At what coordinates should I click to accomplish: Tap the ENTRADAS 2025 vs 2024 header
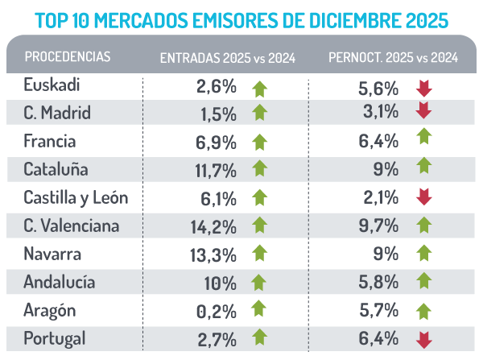[x=228, y=57]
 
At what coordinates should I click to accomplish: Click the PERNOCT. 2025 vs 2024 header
[x=394, y=57]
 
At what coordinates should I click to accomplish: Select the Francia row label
[x=50, y=141]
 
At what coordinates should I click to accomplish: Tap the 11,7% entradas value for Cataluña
[x=216, y=170]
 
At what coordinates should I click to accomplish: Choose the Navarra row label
[x=52, y=254]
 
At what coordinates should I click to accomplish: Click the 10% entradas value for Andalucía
[x=219, y=283]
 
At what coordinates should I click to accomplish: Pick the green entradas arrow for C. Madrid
[x=259, y=113]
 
